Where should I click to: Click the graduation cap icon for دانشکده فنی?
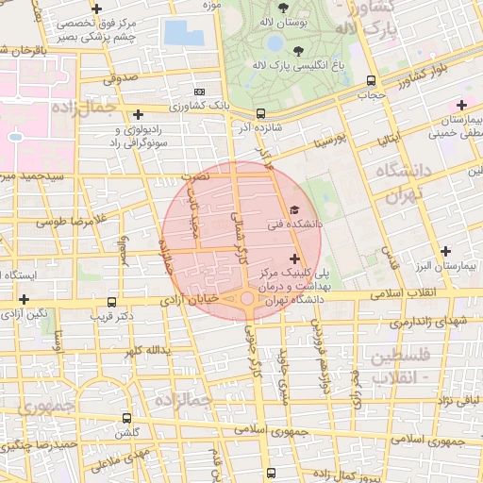click(x=294, y=210)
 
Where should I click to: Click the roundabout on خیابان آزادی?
click(x=247, y=298)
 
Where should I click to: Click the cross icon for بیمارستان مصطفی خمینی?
click(x=461, y=104)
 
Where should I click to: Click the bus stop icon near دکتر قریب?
click(x=112, y=303)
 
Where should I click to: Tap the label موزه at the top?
click(x=211, y=5)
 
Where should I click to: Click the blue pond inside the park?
click(x=275, y=43)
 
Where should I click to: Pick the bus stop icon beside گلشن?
click(x=126, y=417)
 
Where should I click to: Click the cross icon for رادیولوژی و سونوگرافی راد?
click(x=139, y=114)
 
